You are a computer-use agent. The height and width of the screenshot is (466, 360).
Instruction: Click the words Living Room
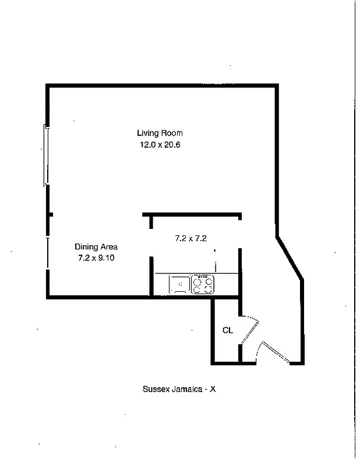point(160,133)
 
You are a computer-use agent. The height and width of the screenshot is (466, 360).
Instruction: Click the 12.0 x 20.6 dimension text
point(160,145)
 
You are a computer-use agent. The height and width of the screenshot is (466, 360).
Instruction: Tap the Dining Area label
point(96,246)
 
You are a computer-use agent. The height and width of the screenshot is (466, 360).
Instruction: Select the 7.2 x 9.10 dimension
point(96,258)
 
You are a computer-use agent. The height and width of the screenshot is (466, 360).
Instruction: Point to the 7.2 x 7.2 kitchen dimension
point(191,238)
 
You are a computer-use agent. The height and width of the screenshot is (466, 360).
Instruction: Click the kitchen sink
point(179,284)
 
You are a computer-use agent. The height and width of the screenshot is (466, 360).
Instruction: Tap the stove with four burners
point(203,284)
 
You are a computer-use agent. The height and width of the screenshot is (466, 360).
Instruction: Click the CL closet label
point(227,330)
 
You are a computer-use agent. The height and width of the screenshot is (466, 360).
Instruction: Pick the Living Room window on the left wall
point(46,156)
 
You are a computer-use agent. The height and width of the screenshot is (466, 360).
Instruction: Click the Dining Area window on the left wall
point(47,252)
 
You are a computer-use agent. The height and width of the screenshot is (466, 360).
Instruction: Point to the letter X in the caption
point(213,389)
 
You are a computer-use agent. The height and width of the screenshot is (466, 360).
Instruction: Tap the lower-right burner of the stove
point(209,288)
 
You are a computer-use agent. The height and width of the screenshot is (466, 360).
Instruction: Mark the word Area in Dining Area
point(109,246)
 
